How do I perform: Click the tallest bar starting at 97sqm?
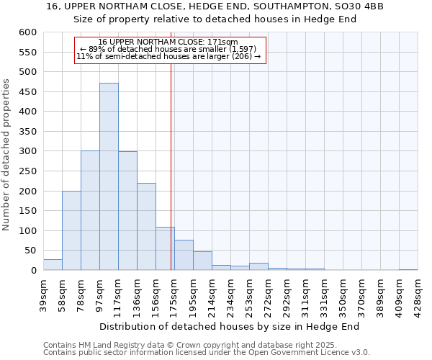click(x=109, y=176)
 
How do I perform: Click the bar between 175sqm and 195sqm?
click(x=184, y=255)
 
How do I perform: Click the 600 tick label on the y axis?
click(x=27, y=32)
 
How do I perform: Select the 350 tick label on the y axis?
click(x=27, y=132)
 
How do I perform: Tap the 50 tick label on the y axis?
click(x=30, y=251)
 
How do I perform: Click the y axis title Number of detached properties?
click(x=7, y=155)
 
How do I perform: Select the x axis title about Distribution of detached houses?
click(x=229, y=326)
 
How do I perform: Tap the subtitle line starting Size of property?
click(x=216, y=19)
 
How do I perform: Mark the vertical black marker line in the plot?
click(x=171, y=166)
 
